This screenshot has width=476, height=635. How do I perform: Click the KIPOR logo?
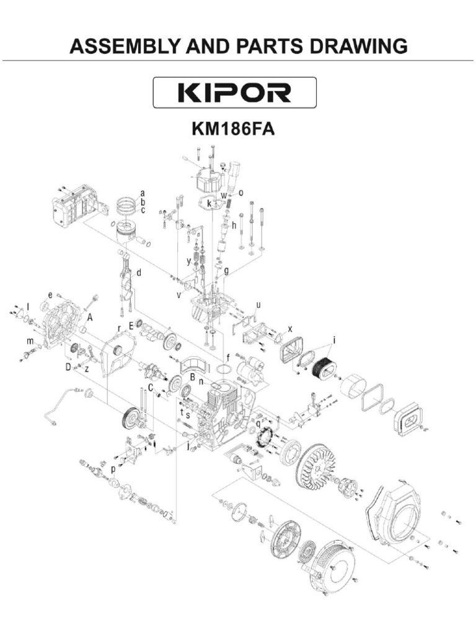(x=235, y=92)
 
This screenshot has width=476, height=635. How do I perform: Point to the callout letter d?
(x=139, y=272)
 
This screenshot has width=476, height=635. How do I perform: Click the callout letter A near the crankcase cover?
(x=90, y=317)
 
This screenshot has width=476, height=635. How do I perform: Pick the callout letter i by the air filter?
(x=334, y=340)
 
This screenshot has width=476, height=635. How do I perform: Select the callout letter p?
(x=113, y=470)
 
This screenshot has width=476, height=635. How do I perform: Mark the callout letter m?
(x=29, y=342)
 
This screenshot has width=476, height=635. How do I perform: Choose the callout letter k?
(x=209, y=203)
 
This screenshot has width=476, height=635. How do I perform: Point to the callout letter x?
(x=289, y=328)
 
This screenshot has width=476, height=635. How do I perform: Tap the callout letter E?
(x=131, y=325)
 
